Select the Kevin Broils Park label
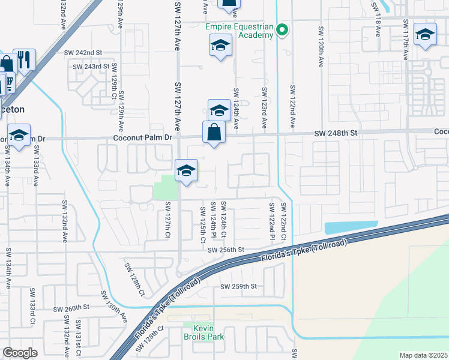[203, 332]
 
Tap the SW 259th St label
[239, 287]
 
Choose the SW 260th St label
[71, 308]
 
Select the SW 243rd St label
[91, 67]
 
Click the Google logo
[20, 353]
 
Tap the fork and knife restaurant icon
[24, 59]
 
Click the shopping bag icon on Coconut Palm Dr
[214, 132]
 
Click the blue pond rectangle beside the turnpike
[351, 227]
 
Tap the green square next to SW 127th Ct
[166, 190]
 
